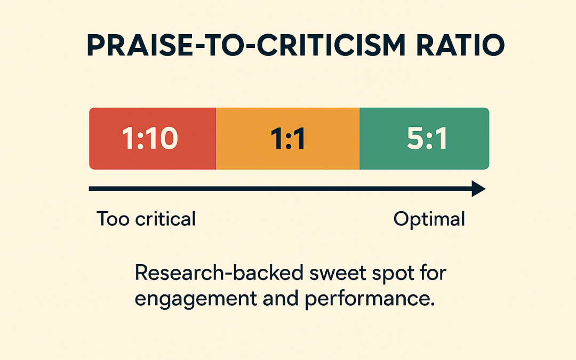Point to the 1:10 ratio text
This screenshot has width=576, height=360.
click(150, 139)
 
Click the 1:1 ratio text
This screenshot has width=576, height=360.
click(288, 139)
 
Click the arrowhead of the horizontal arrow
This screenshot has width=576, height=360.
click(478, 189)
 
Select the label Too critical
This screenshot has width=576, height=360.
click(146, 219)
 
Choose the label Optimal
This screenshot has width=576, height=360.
click(429, 219)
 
